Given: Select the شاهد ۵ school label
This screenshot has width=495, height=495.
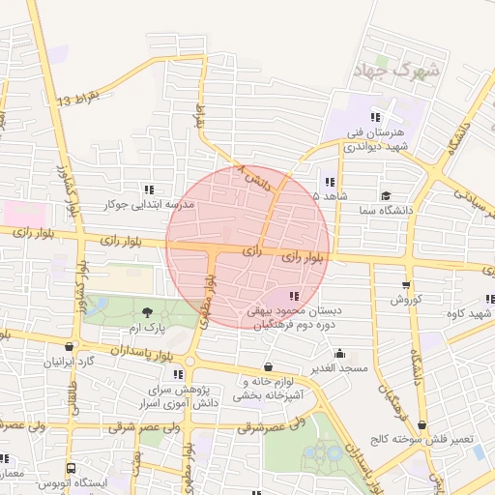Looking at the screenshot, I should coord(303,194).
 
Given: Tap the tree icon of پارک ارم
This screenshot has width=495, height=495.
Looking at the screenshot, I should coord(147,311).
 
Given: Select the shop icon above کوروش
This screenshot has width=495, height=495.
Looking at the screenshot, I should coord(405,285).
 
